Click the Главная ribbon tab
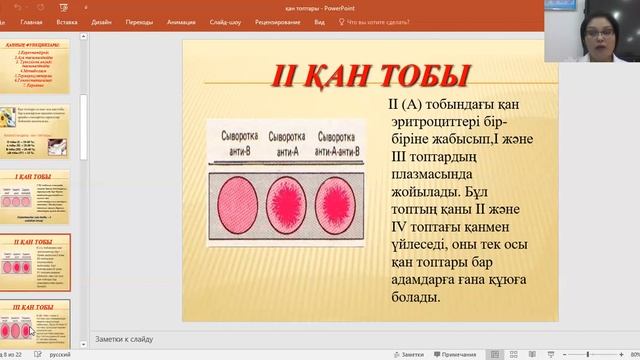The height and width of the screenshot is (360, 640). pos(31,20)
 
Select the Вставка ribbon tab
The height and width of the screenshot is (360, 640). pos(67,20)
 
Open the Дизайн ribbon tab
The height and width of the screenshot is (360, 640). pos(101,20)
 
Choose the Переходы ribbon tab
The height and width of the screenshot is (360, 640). pos(139,20)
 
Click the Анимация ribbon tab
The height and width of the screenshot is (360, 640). pos(182,20)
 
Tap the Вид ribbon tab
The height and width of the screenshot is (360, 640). pos(319,20)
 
